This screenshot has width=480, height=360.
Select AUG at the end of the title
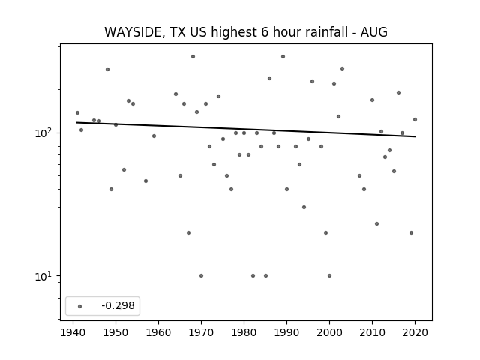[374, 32]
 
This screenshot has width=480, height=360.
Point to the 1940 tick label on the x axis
[73, 332]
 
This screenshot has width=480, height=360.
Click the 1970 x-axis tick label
[201, 332]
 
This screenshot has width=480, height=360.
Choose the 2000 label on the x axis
[329, 332]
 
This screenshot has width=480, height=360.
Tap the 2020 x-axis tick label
[415, 332]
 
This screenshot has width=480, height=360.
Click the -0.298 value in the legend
[118, 305]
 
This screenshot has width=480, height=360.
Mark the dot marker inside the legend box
[79, 306]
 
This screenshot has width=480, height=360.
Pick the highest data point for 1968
[193, 57]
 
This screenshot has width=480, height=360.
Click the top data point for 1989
[283, 57]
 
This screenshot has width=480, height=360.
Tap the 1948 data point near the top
[107, 70]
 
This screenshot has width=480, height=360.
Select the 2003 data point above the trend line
[342, 68]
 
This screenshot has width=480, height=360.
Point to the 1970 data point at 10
[201, 275]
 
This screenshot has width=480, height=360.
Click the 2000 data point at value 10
[329, 275]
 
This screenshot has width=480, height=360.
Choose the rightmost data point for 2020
[415, 120]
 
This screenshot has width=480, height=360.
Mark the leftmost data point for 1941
[77, 113]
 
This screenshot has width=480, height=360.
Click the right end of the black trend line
[415, 136]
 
